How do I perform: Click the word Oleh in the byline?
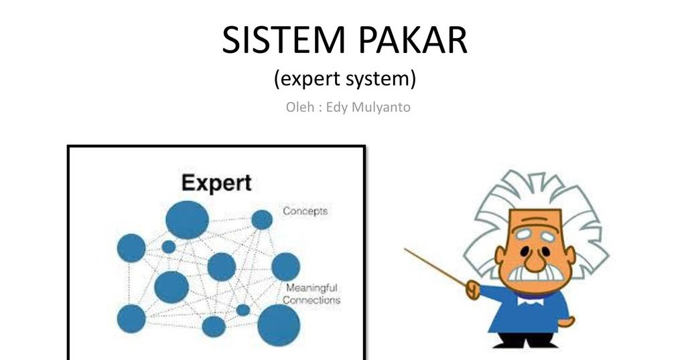tap(299, 107)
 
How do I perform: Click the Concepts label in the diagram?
tap(305, 211)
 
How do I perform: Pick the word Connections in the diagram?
tap(312, 300)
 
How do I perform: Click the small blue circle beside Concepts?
tap(262, 220)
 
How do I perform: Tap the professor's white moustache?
tap(532, 274)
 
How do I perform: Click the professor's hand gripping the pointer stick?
tap(474, 290)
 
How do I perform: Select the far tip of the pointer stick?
tap(406, 249)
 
